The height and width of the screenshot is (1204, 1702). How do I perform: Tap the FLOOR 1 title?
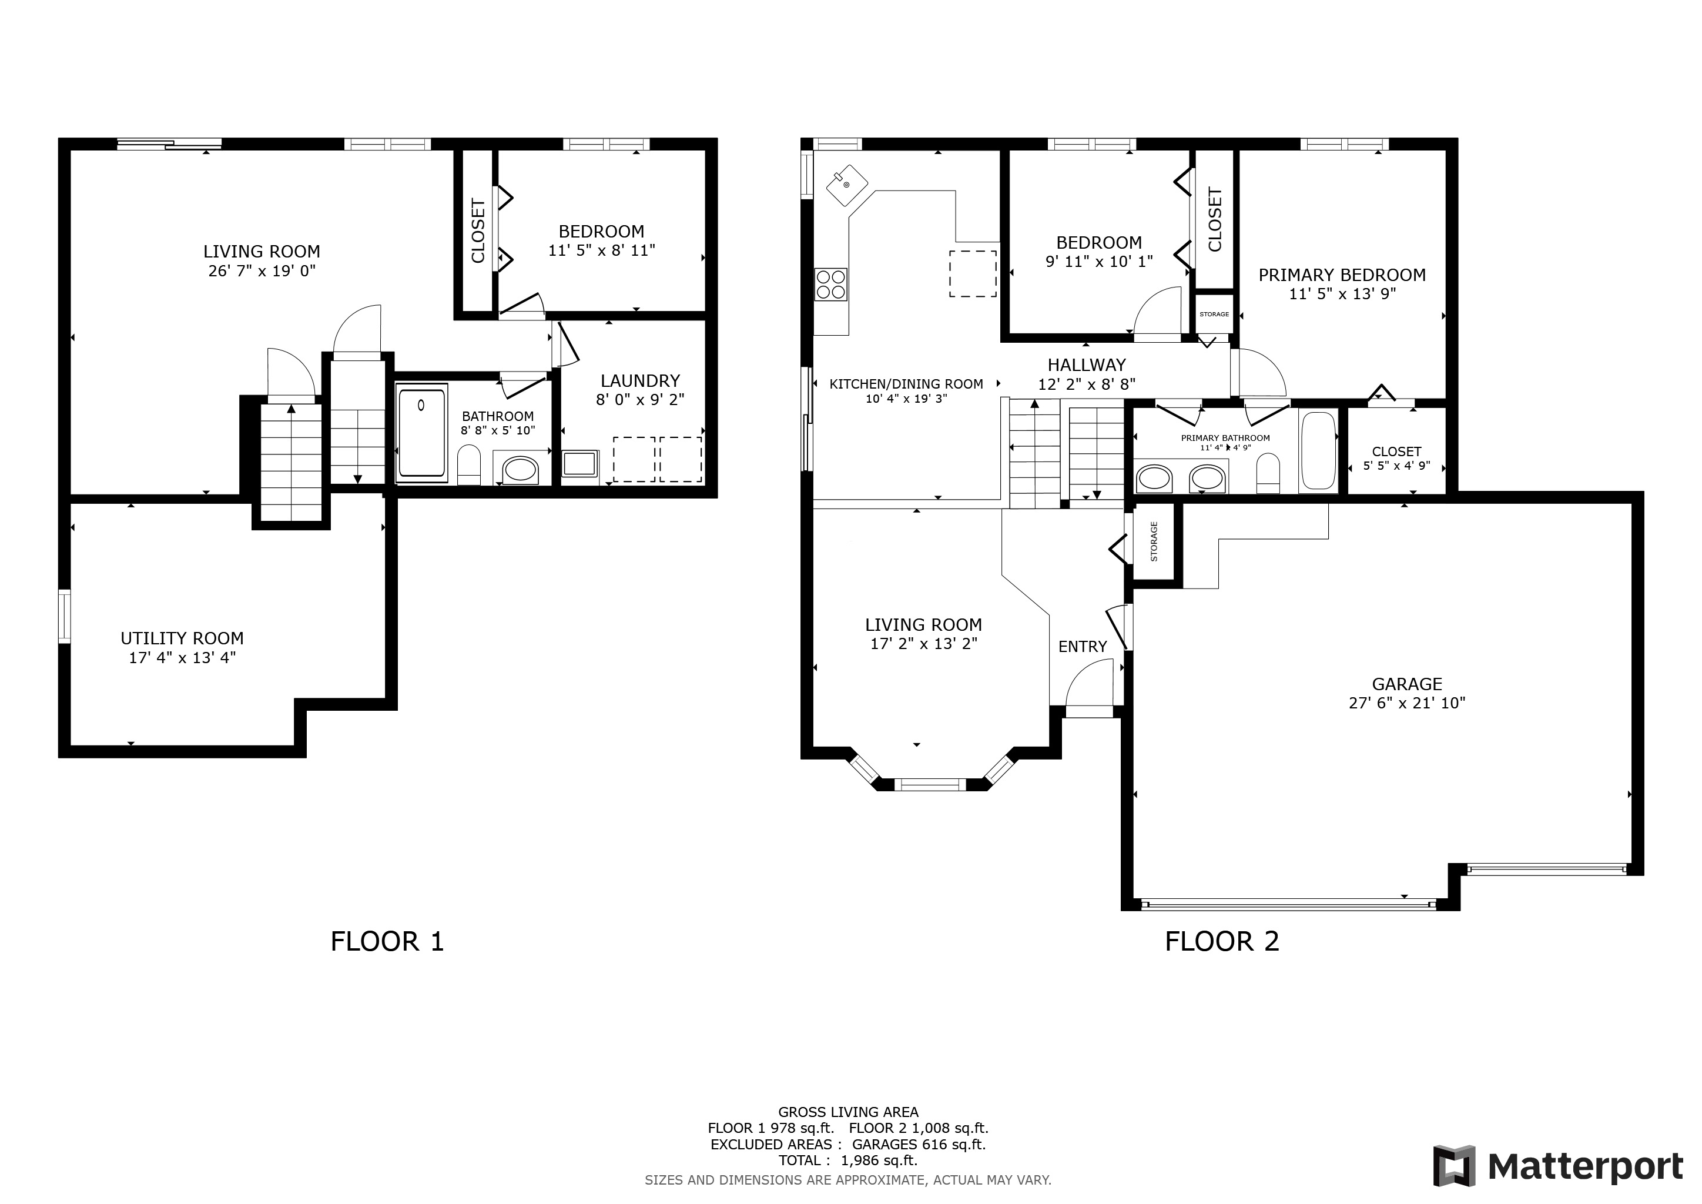(387, 942)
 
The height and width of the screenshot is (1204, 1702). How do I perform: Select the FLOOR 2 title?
(1222, 942)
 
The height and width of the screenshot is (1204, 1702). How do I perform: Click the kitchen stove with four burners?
(831, 285)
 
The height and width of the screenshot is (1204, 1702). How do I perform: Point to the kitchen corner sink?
(846, 185)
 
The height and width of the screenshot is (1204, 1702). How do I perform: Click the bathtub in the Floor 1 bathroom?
(422, 433)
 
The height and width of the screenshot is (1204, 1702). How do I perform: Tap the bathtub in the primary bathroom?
(1318, 451)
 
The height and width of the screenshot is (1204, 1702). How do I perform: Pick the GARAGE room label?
(1407, 684)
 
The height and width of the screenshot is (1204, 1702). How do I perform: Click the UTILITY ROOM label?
(182, 638)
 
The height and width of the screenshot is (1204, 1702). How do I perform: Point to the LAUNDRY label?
(641, 381)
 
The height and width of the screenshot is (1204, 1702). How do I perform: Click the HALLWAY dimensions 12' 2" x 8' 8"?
(1087, 384)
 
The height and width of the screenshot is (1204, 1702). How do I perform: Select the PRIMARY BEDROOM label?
(1342, 275)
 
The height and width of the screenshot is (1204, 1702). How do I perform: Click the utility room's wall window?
(65, 616)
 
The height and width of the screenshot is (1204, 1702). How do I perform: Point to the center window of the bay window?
(930, 784)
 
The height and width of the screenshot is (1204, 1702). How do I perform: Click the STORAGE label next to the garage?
(1154, 541)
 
